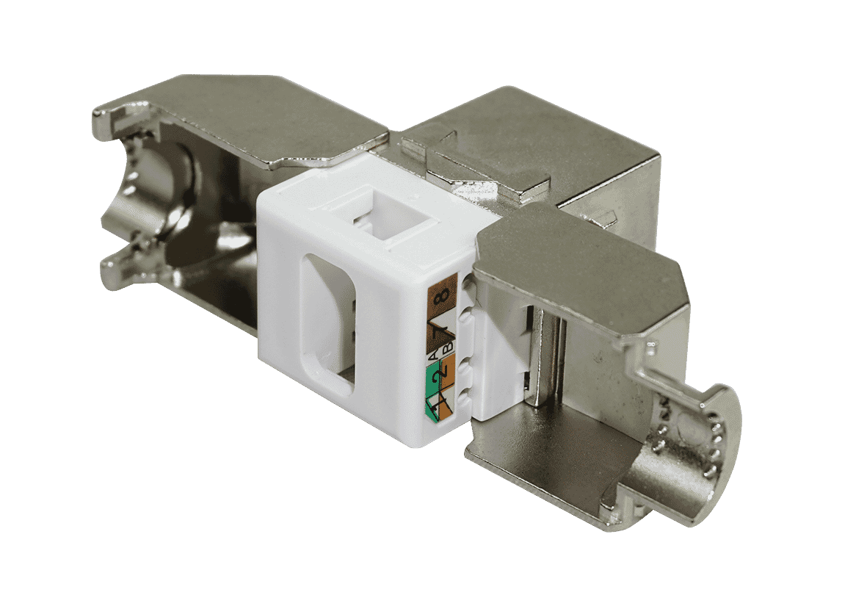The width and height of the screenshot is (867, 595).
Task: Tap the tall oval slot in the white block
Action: pos(329,324)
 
